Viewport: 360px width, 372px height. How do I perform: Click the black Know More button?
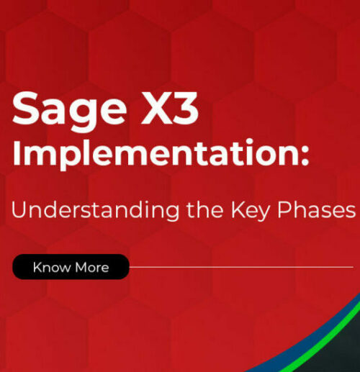point(71,267)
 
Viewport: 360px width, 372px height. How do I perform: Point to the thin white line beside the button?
point(238,267)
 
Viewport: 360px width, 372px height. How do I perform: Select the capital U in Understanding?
point(17,209)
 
